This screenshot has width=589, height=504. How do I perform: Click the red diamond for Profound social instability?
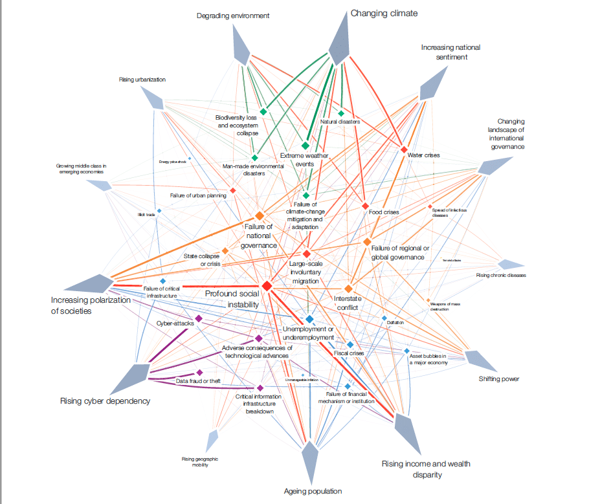(x=266, y=285)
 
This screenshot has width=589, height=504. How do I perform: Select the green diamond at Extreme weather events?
(x=306, y=146)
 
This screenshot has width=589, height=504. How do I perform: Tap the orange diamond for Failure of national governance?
(x=260, y=215)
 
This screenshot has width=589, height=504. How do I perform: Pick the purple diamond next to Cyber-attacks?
(x=199, y=318)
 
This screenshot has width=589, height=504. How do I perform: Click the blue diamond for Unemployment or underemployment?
(x=310, y=320)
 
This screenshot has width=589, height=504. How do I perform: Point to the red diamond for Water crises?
(x=403, y=150)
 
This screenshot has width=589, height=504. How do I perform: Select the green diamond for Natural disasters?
(x=341, y=113)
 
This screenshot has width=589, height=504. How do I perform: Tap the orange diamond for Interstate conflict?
(x=348, y=288)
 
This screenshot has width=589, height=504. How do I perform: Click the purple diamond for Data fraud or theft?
(x=199, y=372)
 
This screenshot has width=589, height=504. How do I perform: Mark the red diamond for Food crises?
(x=365, y=206)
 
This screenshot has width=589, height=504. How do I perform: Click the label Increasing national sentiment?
(x=450, y=52)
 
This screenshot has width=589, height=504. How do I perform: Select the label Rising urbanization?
(x=142, y=80)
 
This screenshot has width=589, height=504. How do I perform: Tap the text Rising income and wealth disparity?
(x=426, y=469)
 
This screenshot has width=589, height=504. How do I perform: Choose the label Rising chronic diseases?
(x=501, y=276)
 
